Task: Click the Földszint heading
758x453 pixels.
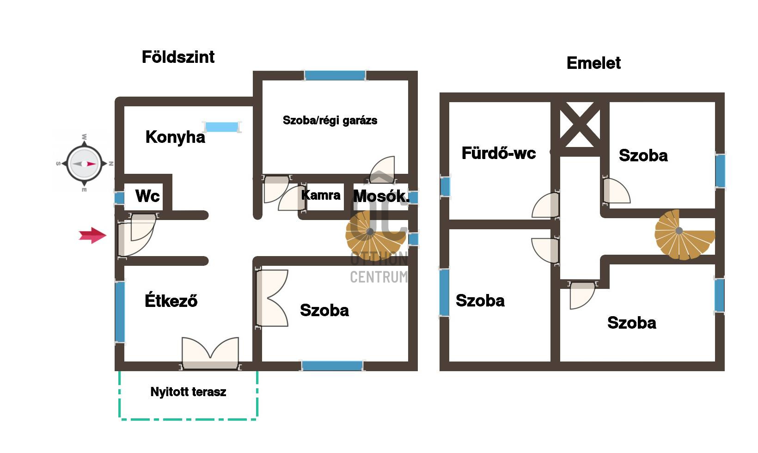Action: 178,57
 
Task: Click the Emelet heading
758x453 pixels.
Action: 593,63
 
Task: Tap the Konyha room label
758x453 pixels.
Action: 175,137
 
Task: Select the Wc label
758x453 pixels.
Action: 147,196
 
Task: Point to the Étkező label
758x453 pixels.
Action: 171,300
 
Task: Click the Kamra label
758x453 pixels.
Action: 321,195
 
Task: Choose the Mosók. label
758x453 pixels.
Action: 381,196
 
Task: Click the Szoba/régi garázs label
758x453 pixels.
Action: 330,121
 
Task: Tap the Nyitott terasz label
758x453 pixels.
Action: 188,392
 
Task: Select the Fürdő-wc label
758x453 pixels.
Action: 499,153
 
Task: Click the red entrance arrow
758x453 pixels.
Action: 92,235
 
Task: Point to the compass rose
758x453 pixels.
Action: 84,164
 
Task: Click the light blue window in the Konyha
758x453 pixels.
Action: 222,127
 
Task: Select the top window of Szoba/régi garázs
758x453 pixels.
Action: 335,75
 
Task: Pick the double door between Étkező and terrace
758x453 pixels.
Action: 210,354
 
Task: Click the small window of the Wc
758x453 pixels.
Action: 119,198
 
